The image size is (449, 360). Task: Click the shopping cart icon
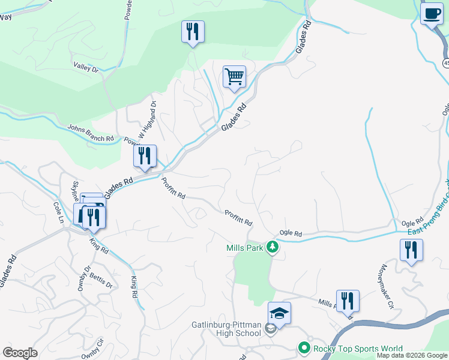coord(234,77)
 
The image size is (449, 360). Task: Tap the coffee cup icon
coord(431,13)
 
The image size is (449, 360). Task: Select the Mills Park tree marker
coord(273,247)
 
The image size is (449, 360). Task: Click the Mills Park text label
coord(244,248)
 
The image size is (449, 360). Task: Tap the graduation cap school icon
coord(279,313)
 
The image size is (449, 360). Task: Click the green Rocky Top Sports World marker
coord(304,348)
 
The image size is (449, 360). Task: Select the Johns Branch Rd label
coord(91,133)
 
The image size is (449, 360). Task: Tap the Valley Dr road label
coord(86,68)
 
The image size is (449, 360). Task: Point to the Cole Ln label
coord(58,212)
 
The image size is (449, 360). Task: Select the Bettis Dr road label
coord(101,281)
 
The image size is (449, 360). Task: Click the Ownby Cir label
coord(94,349)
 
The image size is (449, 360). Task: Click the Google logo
coord(20,353)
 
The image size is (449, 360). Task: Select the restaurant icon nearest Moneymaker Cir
coord(411,250)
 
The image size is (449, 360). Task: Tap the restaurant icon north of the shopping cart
coord(193,31)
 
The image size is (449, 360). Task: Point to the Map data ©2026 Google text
coord(412,355)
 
